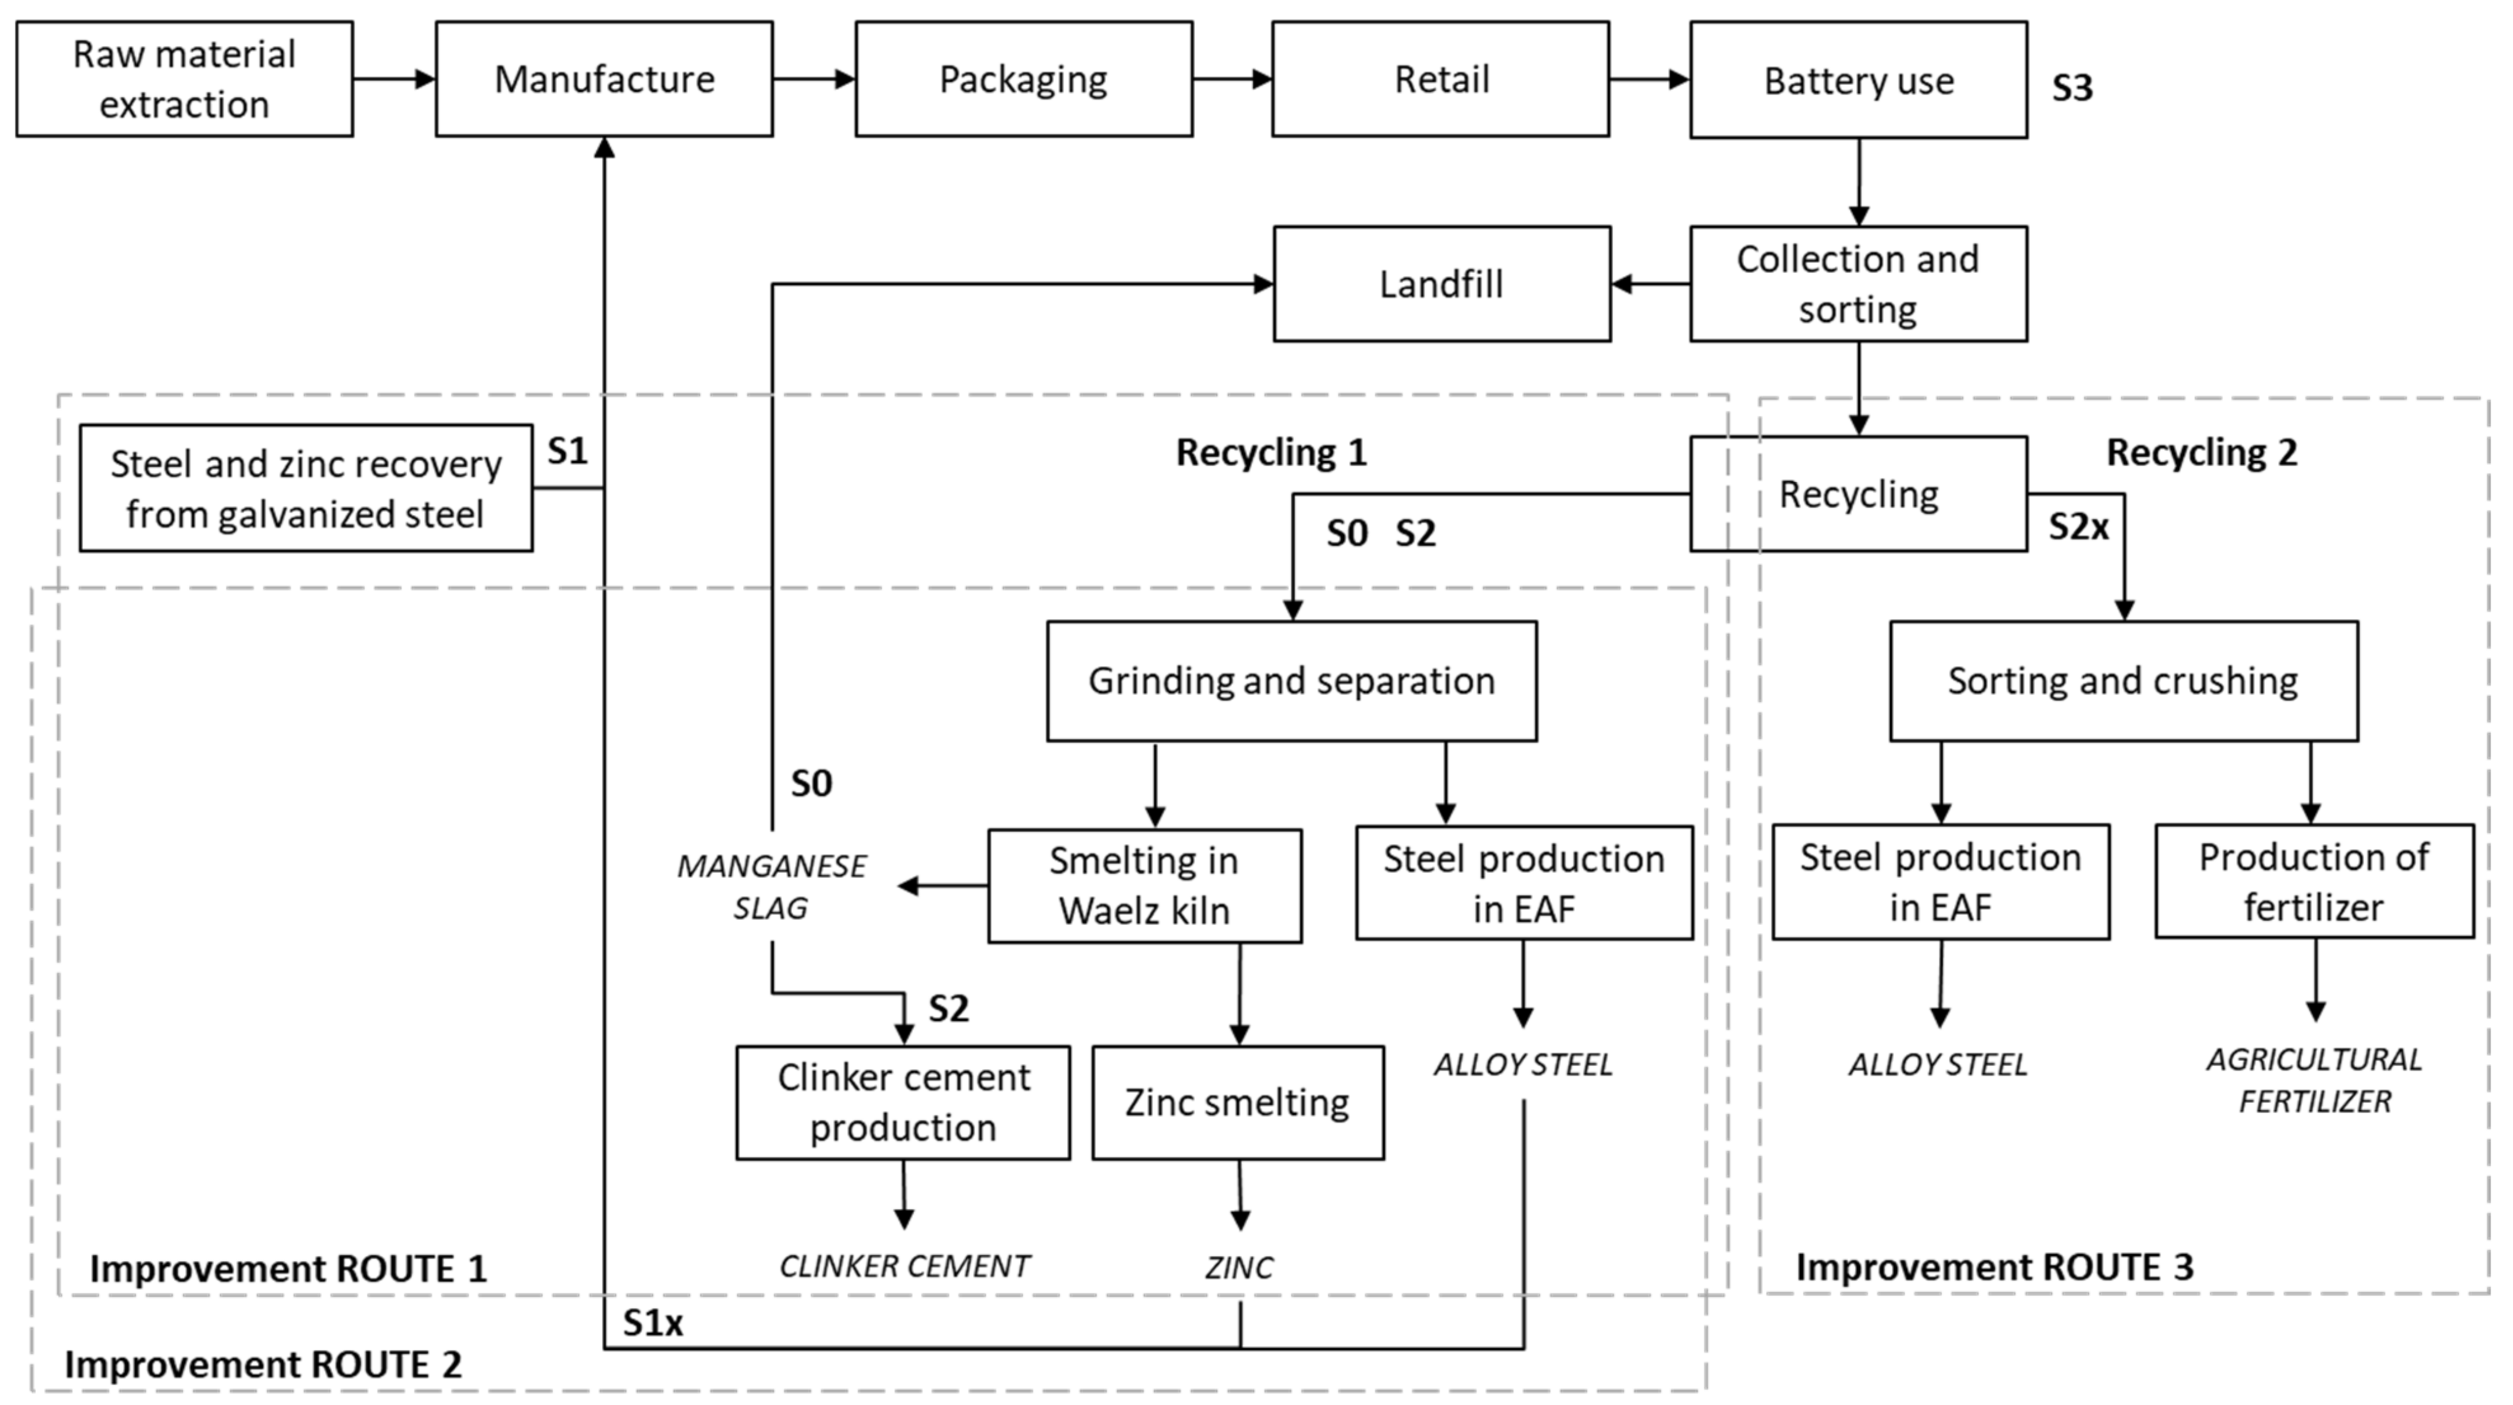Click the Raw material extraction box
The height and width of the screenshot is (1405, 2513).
pyautogui.click(x=184, y=79)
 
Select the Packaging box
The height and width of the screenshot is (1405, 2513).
pyautogui.click(x=1024, y=79)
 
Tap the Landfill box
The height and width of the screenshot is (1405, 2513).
pyautogui.click(x=1441, y=284)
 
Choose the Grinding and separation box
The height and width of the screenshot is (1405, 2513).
pyautogui.click(x=1292, y=681)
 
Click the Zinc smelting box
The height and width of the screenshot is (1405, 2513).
pyautogui.click(x=1237, y=1103)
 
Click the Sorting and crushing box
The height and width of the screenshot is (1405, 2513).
pyautogui.click(x=2123, y=681)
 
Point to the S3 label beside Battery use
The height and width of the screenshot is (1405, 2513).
pyautogui.click(x=2072, y=88)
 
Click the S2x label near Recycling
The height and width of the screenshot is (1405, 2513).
pyautogui.click(x=2078, y=527)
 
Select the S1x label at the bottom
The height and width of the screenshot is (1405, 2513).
pyautogui.click(x=653, y=1323)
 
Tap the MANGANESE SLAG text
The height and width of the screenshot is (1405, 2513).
pyautogui.click(x=771, y=886)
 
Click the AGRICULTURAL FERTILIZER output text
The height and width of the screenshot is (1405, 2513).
pyautogui.click(x=2314, y=1080)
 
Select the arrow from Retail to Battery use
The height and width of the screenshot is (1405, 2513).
pyautogui.click(x=1649, y=79)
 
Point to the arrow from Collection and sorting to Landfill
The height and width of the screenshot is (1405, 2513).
pyautogui.click(x=1651, y=284)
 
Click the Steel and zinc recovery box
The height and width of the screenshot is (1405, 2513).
pyautogui.click(x=306, y=488)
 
